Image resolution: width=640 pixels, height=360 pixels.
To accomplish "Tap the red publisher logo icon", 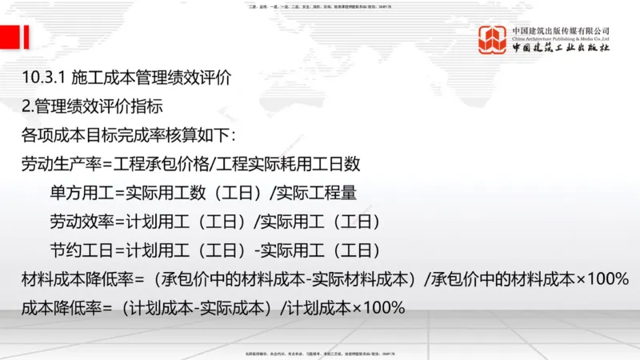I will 493,39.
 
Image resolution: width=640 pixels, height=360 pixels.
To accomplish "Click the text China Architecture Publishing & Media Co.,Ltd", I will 561,38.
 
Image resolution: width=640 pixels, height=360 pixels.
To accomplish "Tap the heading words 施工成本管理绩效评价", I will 151,78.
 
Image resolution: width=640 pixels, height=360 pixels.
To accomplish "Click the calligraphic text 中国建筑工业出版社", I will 561,48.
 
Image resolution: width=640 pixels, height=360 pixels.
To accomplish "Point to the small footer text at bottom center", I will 319,353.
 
